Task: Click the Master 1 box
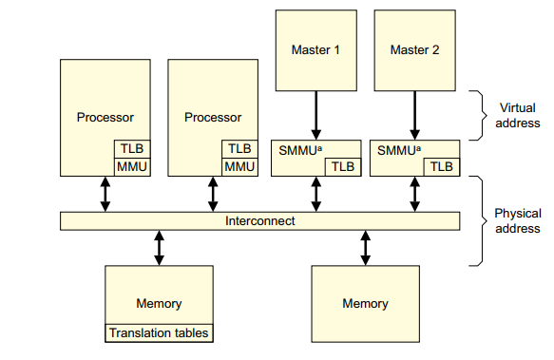point(315,50)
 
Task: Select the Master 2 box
point(414,50)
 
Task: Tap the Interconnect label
point(259,220)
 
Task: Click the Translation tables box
point(159,333)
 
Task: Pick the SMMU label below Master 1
point(297,150)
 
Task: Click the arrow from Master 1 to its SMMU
point(315,116)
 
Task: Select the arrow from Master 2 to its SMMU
point(414,116)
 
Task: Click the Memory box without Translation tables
point(365,303)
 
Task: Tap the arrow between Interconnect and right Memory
point(365,247)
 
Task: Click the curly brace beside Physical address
point(479,220)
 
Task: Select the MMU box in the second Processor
point(239,167)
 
